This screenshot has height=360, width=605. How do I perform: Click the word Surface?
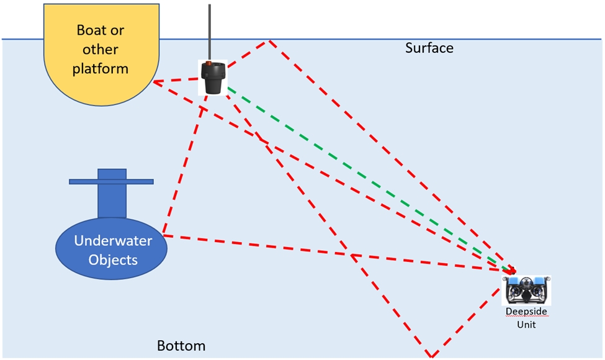pyautogui.click(x=429, y=48)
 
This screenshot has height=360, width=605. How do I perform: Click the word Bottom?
pyautogui.click(x=181, y=346)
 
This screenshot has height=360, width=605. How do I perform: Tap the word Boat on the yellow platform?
pyautogui.click(x=91, y=29)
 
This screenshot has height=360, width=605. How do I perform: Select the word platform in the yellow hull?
pyautogui.click(x=101, y=68)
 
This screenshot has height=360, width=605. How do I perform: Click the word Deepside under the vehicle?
pyautogui.click(x=526, y=312)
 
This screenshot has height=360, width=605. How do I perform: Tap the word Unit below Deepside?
pyautogui.click(x=526, y=324)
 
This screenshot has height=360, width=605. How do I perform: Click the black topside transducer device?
pyautogui.click(x=213, y=79)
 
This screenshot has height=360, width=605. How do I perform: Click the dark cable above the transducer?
pyautogui.click(x=209, y=31)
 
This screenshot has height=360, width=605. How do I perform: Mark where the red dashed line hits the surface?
pyautogui.click(x=269, y=41)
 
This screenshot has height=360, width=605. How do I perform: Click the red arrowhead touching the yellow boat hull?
pyautogui.click(x=156, y=82)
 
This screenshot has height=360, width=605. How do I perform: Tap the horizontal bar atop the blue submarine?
pyautogui.click(x=111, y=181)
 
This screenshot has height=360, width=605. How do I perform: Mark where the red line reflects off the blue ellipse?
pyautogui.click(x=163, y=235)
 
